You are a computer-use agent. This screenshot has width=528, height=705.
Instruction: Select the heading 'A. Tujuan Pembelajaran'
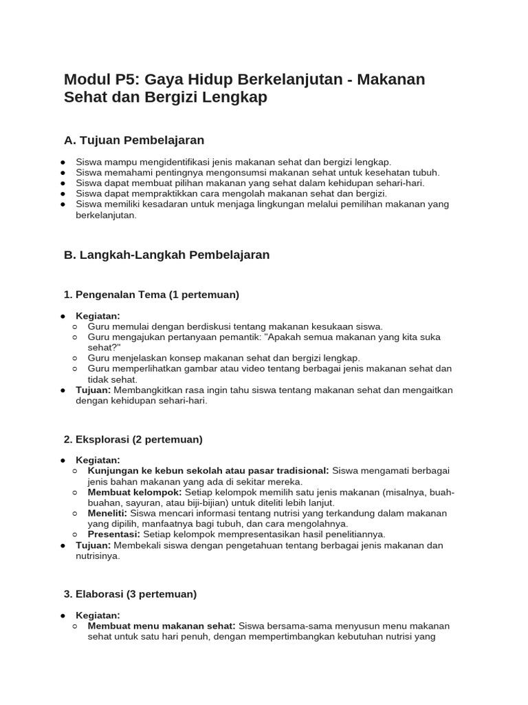(134, 140)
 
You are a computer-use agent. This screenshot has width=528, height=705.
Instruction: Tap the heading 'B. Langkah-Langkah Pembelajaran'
(166, 255)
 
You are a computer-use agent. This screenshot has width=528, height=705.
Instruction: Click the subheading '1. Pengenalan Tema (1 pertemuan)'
(151, 295)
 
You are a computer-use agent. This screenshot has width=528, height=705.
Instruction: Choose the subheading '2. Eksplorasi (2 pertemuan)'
(133, 439)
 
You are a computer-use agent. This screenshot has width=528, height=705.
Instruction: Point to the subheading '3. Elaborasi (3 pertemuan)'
(130, 593)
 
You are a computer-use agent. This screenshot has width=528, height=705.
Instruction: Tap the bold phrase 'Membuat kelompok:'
(135, 492)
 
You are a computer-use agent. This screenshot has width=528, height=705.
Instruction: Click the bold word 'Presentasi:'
(114, 534)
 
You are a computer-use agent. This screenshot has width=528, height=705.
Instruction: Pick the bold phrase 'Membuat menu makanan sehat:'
(162, 626)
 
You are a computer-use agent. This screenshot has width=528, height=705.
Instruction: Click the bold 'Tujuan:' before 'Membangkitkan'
(93, 390)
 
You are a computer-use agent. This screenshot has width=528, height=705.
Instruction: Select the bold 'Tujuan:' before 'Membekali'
(93, 545)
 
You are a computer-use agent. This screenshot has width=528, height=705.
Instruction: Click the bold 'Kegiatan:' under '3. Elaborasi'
(98, 615)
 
